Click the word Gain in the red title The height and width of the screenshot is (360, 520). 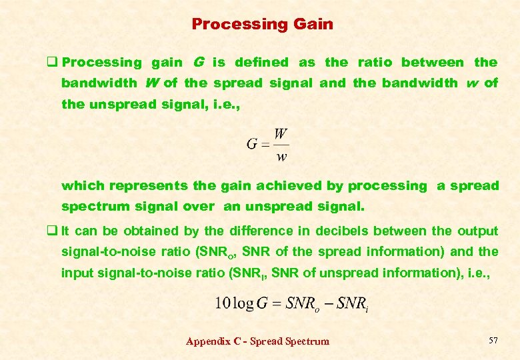coord(313,24)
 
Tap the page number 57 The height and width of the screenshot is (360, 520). coord(493,341)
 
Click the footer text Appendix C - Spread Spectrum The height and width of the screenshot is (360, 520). coord(257,341)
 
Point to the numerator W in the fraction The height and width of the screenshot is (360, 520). coord(281,134)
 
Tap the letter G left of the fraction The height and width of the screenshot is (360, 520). coord(252,144)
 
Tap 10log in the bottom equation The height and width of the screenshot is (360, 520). coord(234,303)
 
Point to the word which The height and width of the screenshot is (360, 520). coord(83,186)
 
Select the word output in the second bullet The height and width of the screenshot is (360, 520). coord(477,231)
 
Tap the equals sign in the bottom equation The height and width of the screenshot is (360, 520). coord(275,303)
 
